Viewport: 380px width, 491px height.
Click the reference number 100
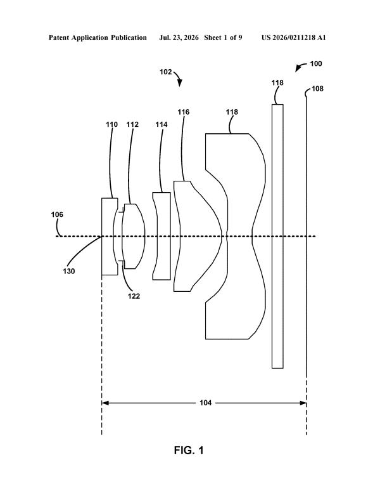[315, 63]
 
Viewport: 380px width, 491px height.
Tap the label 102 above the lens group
[166, 72]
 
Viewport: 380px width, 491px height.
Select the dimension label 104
[205, 403]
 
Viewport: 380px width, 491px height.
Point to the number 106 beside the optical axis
[57, 214]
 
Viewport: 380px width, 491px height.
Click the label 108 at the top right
[317, 89]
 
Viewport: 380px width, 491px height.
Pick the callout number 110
[111, 124]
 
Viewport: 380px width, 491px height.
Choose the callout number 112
[132, 124]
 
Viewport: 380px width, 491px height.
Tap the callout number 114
[161, 124]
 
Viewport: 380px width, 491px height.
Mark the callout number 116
[184, 112]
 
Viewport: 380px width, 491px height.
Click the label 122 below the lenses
[134, 296]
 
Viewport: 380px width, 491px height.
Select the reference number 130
[69, 271]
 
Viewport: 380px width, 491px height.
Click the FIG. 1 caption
[189, 450]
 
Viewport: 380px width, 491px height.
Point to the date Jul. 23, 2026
[179, 38]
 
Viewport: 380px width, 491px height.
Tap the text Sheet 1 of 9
[223, 37]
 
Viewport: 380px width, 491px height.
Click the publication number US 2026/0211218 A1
[294, 37]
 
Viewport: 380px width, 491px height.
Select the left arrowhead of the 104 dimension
[105, 403]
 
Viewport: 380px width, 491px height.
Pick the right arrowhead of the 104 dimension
[303, 403]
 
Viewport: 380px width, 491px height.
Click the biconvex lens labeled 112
[134, 236]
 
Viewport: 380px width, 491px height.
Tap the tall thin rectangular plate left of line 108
[277, 236]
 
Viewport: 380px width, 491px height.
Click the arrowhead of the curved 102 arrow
[180, 84]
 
